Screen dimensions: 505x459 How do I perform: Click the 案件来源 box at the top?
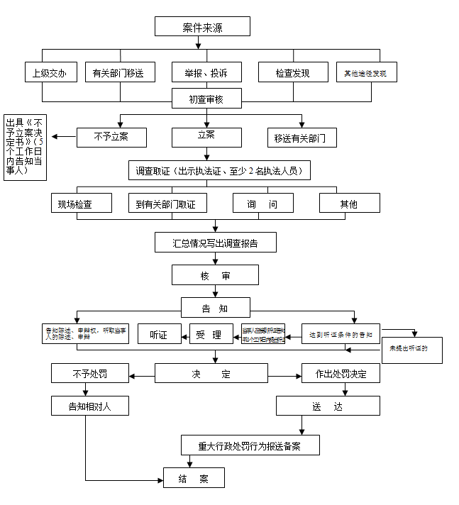[202, 27]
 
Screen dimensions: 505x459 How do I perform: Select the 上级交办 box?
[50, 72]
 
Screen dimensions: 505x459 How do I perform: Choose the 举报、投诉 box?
[206, 72]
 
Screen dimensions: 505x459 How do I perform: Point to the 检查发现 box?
[292, 72]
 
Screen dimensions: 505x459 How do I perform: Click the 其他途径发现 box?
[366, 72]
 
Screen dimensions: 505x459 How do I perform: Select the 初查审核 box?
[206, 99]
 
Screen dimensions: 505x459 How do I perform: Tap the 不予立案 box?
[111, 136]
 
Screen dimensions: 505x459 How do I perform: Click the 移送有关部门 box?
[301, 138]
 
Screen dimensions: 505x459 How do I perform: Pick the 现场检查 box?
[82, 204]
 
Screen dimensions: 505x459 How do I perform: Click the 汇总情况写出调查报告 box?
[215, 243]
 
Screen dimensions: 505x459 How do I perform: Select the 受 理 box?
[211, 334]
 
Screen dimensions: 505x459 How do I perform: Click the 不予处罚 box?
[89, 373]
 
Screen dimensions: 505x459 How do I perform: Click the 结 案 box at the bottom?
[194, 479]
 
